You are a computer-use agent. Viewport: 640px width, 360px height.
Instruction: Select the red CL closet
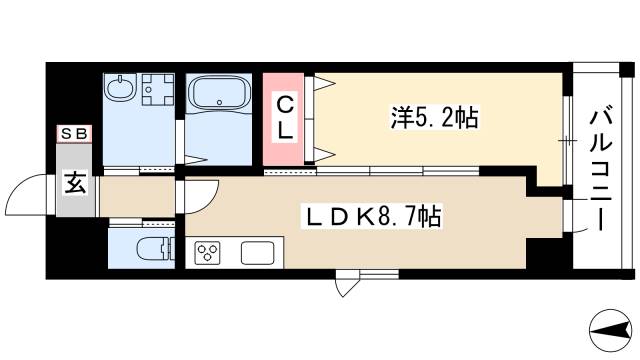pos(285,118)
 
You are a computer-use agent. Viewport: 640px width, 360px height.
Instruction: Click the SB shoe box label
pos(74,133)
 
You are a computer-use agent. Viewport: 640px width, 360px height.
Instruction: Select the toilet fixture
pos(149,251)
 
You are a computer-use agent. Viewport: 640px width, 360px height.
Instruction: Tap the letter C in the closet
pos(285,103)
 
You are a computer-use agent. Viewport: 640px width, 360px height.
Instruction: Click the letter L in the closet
pos(285,130)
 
